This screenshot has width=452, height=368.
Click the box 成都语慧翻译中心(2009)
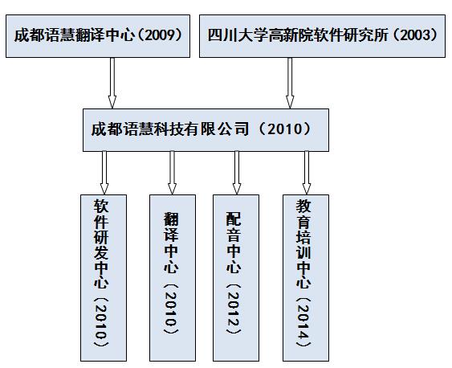pyautogui.click(x=98, y=36)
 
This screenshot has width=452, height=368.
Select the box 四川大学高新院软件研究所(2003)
pyautogui.click(x=322, y=36)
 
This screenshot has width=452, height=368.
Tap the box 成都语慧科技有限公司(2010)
pyautogui.click(x=206, y=130)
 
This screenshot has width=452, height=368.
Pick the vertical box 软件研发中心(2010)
pyautogui.click(x=104, y=278)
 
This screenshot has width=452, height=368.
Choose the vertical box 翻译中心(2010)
pyautogui.click(x=173, y=278)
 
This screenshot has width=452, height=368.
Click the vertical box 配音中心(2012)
pyautogui.click(x=236, y=278)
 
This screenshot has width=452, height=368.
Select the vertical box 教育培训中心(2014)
pyautogui.click(x=306, y=278)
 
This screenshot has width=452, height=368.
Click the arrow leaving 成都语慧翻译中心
pyautogui.click(x=112, y=83)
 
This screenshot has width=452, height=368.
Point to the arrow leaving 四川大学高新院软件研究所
pyautogui.click(x=290, y=83)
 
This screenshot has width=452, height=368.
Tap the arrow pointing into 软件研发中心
pyautogui.click(x=104, y=173)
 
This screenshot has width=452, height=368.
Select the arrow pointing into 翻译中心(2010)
pyautogui.click(x=172, y=173)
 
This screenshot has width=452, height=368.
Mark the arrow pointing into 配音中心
pyautogui.click(x=237, y=173)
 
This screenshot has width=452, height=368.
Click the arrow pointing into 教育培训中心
pyautogui.click(x=307, y=173)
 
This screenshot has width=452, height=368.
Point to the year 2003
pyautogui.click(x=415, y=35)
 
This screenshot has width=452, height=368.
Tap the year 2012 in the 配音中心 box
pyautogui.click(x=234, y=309)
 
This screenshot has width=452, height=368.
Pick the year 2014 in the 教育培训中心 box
pyautogui.click(x=303, y=321)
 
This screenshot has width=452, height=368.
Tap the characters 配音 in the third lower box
pyautogui.click(x=234, y=227)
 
